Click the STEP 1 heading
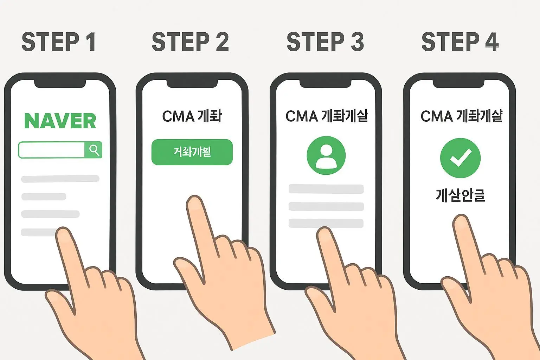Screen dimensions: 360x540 tap(59, 42)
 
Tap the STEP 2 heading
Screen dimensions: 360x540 tap(190, 42)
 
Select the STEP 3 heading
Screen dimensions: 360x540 tap(325, 42)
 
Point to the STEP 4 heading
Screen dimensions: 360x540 tap(460, 42)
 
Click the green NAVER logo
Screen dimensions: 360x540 tap(60, 121)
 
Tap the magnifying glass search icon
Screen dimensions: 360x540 tap(94, 150)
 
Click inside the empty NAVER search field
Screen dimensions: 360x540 tap(52, 150)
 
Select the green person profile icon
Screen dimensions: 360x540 tap(326, 155)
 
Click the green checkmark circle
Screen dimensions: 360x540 tap(460, 158)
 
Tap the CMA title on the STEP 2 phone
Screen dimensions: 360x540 tap(192, 116)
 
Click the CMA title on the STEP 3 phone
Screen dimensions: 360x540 tap(327, 116)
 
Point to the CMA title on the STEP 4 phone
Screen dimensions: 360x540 tap(461, 116)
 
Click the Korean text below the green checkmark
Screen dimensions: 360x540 tap(460, 195)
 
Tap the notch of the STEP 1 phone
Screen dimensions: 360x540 tap(60, 83)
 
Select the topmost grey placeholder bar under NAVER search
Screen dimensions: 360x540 tap(60, 179)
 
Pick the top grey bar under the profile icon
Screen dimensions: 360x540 tap(326, 189)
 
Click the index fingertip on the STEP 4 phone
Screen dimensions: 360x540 tap(461, 223)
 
